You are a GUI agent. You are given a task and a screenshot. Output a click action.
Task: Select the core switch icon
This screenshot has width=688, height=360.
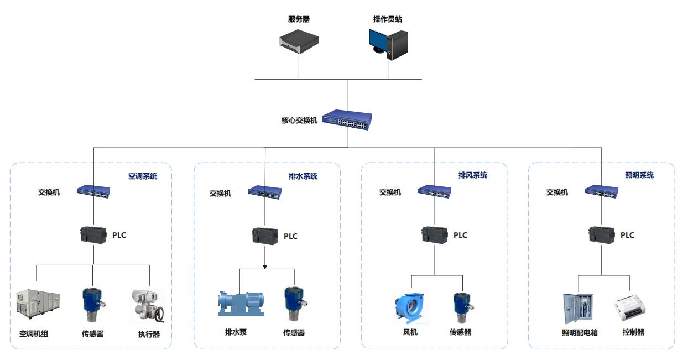[347, 121]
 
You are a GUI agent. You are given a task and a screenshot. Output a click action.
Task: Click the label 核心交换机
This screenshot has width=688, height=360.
[299, 120]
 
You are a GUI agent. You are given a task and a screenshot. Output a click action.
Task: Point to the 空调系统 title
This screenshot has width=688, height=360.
[143, 176]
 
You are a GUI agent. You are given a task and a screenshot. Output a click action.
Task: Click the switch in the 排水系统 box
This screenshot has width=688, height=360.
[265, 191]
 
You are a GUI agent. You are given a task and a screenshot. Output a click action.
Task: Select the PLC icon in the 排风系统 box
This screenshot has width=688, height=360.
[434, 234]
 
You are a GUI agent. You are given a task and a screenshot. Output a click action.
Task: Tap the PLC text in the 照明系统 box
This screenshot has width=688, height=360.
[627, 235]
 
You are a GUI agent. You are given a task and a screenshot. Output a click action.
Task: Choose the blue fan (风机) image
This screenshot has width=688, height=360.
[410, 306]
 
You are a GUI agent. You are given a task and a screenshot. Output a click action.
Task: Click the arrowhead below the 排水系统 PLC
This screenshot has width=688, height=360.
[265, 267]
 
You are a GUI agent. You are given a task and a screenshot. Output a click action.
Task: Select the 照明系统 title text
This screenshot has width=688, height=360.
[639, 175]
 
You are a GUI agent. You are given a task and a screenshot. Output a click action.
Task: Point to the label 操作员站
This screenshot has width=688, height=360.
[388, 19]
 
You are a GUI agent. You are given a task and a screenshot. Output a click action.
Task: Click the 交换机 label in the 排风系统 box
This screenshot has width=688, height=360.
[390, 192]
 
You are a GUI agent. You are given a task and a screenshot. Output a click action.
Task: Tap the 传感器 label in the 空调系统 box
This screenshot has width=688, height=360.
[92, 333]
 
